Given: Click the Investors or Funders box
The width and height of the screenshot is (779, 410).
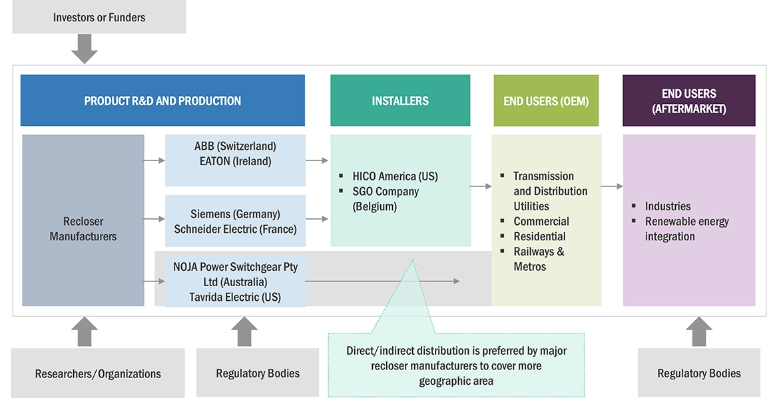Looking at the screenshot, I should pos(99,17).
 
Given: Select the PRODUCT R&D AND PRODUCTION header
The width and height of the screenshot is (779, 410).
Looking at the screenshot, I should pos(162,101).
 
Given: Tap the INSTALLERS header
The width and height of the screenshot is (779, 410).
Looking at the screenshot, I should pos(400,101).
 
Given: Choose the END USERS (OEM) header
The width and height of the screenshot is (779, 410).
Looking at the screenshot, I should pos(546,101).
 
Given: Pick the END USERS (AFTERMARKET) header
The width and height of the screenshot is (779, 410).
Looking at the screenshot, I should pos(689,101).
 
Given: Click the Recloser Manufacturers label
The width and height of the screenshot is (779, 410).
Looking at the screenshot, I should pos(83,228).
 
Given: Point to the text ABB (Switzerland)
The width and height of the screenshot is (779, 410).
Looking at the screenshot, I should pos(235,146).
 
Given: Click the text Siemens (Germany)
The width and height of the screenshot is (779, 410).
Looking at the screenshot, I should pos(235,214).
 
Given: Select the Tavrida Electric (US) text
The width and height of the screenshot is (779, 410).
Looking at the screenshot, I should pos(235,297).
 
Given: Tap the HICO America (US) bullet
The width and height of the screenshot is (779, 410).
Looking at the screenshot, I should pos(395,176).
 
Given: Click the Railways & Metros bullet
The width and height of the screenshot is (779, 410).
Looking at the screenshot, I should pos(539,259).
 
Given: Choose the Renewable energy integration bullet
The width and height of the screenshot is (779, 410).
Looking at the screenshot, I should pos(686,229).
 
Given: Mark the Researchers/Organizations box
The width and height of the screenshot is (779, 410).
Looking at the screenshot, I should pos(98,373).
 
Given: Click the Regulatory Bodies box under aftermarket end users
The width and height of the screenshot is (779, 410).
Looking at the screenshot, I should pos(699,373).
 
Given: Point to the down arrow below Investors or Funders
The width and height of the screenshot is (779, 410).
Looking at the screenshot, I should pos(85,49).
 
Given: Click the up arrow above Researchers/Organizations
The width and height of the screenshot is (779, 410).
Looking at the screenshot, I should pos(85,331).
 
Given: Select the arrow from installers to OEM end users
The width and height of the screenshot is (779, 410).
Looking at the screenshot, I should pos(480,186).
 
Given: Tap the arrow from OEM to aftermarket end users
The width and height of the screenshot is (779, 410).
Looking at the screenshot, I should pos(611,186).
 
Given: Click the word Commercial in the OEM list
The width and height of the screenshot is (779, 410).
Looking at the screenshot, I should pos(541,221).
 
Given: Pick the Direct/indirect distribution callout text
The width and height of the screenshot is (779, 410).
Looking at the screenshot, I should pos(457,365).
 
